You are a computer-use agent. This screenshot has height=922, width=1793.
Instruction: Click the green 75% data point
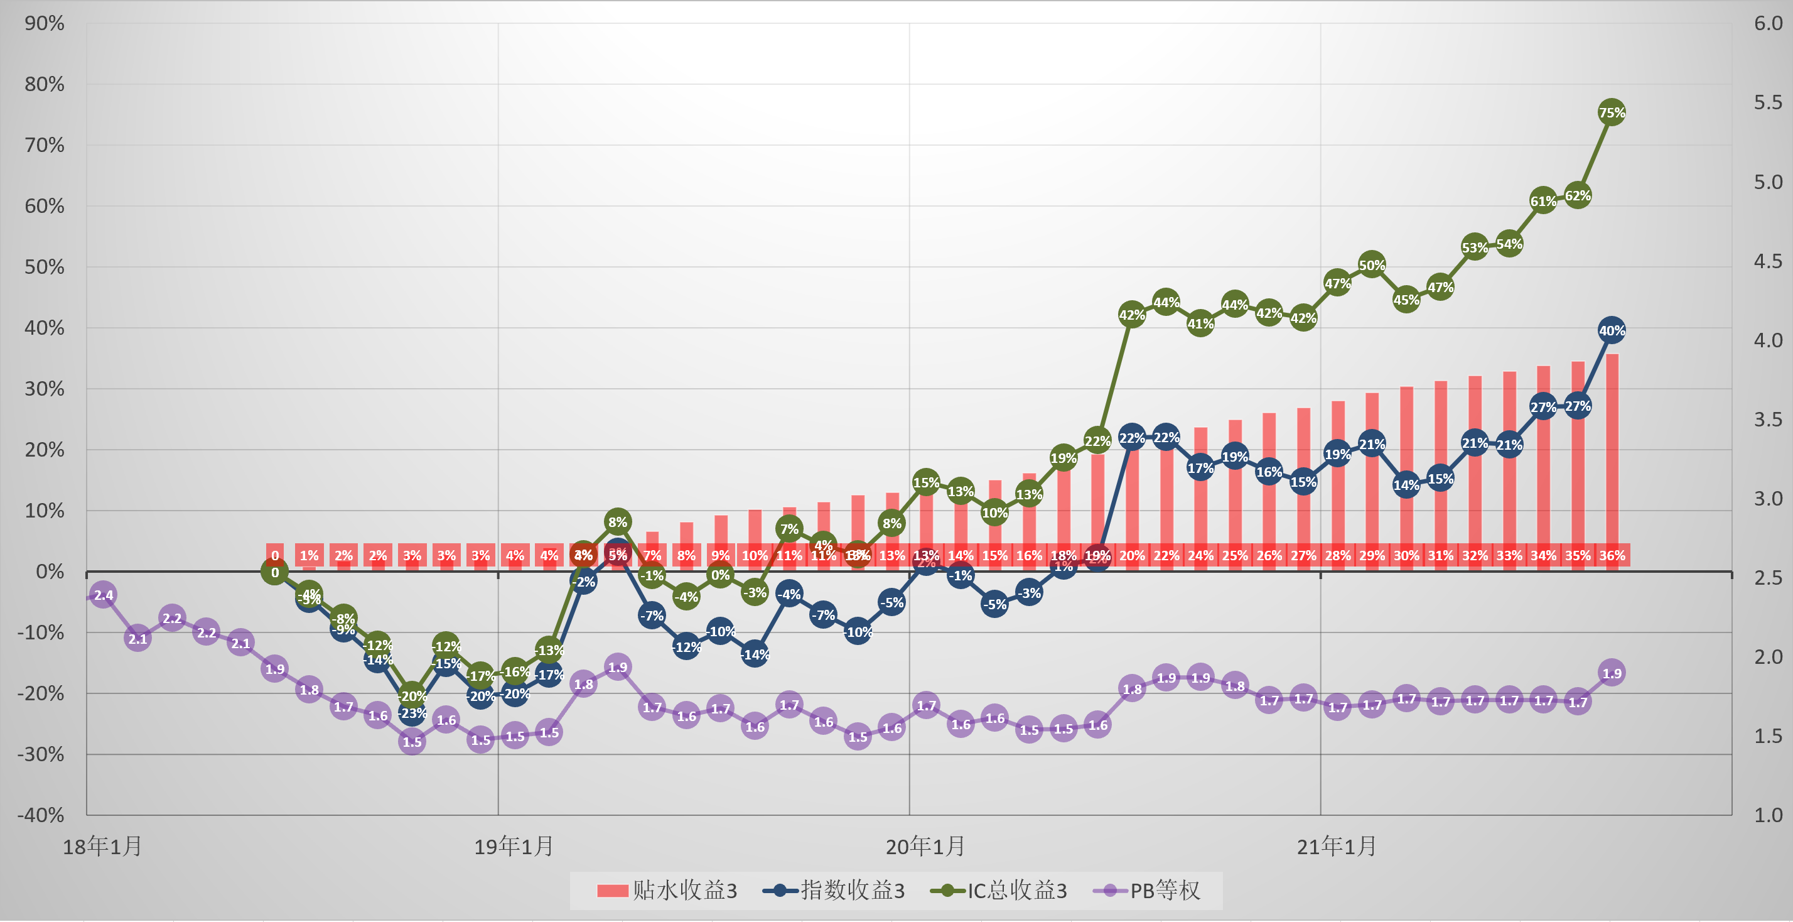pos(1612,112)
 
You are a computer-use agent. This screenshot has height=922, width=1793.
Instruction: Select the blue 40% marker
pos(1612,330)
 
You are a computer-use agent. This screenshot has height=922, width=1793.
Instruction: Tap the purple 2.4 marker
pos(103,595)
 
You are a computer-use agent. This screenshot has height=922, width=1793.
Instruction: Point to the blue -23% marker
pos(412,712)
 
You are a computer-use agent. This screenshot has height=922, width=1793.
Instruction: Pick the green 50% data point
pos(1371,264)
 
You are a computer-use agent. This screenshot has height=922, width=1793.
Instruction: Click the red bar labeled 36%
pos(1612,460)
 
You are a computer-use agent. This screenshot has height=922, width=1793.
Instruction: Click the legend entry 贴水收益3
pos(667,890)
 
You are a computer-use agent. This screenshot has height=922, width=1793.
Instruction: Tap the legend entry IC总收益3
pos(999,890)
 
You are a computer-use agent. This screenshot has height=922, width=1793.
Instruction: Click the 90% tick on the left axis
pos(45,23)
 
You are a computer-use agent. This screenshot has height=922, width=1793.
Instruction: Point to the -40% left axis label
pos(41,815)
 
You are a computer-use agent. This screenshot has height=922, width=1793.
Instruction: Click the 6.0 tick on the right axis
pos(1768,23)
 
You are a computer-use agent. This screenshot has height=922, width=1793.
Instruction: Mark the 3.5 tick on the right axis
pos(1768,419)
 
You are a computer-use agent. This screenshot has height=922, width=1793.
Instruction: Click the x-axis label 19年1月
pos(514,847)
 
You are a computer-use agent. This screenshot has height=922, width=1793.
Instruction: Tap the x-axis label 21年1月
pos(1337,847)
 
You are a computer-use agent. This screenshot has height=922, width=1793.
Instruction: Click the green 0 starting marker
pos(275,572)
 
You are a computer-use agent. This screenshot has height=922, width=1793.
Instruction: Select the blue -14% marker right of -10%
pos(755,654)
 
